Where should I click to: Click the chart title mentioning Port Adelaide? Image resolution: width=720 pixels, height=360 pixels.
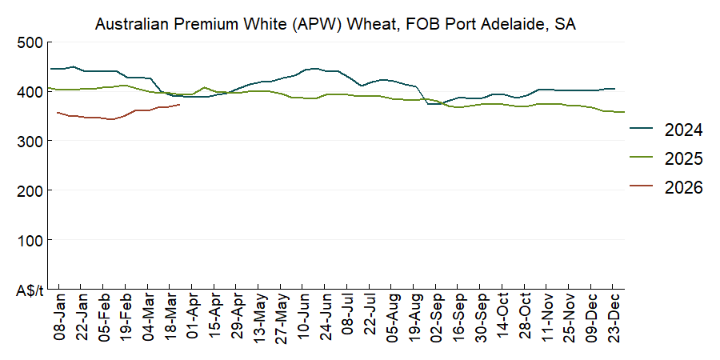click(336, 25)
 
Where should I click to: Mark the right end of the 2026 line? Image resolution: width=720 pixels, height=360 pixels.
click(180, 104)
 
